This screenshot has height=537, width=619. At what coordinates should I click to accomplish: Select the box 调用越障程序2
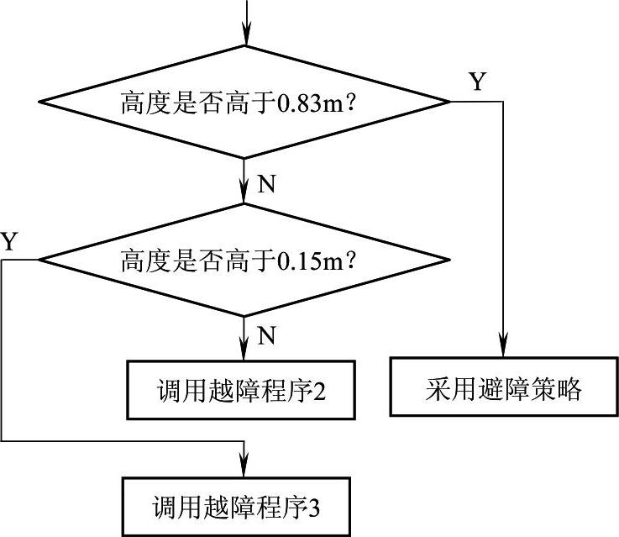[x=240, y=390]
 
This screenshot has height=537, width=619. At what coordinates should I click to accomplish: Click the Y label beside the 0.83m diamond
[x=477, y=82]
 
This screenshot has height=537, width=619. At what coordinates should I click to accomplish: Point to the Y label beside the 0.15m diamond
[x=9, y=242]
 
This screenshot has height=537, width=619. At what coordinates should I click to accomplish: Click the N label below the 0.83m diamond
[x=266, y=185]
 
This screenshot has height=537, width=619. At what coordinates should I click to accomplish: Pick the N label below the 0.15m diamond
[x=266, y=336]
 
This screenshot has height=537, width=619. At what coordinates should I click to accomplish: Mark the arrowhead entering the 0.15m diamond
[x=244, y=195]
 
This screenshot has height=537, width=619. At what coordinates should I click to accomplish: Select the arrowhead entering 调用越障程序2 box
[x=244, y=352]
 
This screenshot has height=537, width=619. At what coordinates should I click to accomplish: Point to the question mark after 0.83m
[x=354, y=103]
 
